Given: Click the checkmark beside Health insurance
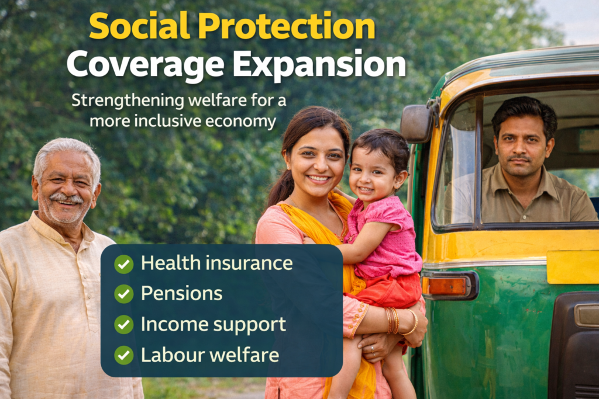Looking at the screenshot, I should tap(123, 264).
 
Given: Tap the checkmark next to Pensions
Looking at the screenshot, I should tap(123, 294).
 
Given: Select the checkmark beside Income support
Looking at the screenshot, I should tap(123, 324).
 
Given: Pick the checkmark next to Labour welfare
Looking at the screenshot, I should tap(123, 355).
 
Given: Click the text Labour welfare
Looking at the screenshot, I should tap(209, 355).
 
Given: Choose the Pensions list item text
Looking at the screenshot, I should tap(181, 294).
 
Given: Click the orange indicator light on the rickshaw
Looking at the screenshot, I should tap(447, 286).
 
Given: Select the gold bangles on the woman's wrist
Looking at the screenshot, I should tap(393, 320).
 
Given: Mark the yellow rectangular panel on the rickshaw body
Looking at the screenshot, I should tap(572, 266).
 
